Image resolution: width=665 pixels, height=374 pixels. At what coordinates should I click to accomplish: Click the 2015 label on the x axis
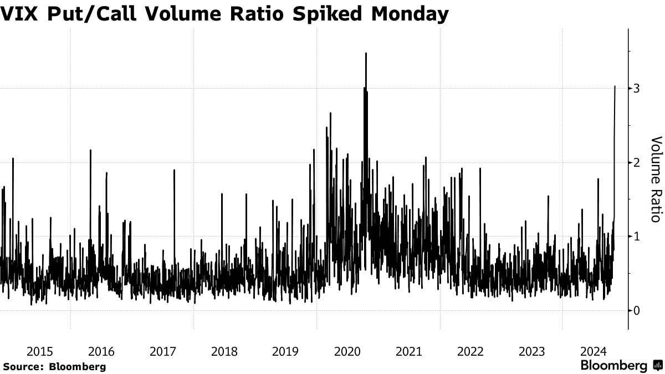(40, 351)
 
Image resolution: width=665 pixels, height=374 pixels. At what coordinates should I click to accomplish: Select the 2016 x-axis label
(101, 351)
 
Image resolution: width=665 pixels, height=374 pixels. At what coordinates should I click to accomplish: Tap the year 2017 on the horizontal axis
(163, 351)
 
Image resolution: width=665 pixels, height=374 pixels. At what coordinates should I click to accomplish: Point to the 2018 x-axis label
(224, 351)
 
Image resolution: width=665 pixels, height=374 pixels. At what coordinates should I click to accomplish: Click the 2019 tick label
(286, 351)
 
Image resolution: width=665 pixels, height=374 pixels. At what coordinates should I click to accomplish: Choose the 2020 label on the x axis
(348, 351)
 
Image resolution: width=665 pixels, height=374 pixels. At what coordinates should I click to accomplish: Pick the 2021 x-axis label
(409, 351)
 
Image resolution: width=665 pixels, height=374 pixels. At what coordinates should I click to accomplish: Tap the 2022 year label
(470, 351)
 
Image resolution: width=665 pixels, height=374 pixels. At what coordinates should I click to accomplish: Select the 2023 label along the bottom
(532, 351)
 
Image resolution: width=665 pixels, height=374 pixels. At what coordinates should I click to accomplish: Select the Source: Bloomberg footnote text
(54, 366)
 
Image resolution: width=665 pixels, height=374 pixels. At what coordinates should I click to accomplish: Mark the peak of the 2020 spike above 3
(366, 53)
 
